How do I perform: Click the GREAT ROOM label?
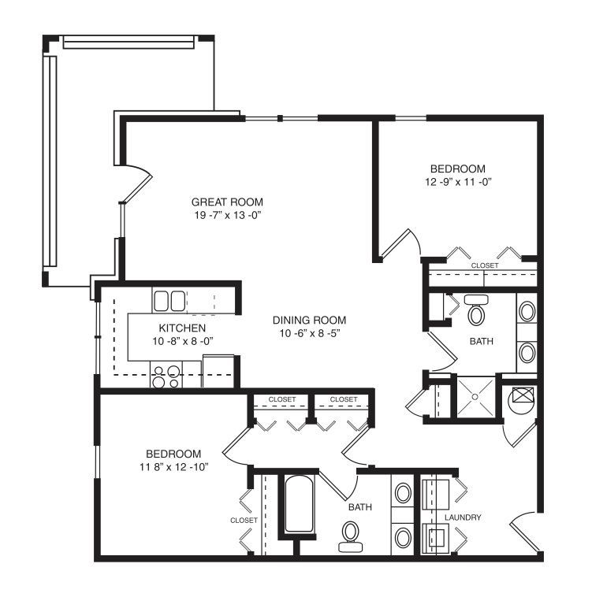[227, 202]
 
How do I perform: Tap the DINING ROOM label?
[309, 321]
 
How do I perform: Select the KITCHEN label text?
[182, 328]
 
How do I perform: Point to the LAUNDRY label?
[463, 517]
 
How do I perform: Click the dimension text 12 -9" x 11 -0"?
[458, 182]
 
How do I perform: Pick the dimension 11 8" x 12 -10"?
[174, 467]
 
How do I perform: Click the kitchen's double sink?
[169, 301]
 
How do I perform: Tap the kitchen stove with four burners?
[166, 375]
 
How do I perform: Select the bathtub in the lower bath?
[299, 505]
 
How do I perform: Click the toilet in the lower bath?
[351, 537]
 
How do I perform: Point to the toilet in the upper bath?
[476, 310]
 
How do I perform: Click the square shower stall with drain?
[475, 397]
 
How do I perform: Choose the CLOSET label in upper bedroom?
[485, 265]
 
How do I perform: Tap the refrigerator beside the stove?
[218, 371]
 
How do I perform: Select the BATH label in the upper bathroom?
[482, 341]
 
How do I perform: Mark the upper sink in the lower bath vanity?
[403, 493]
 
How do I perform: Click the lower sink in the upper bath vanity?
[527, 352]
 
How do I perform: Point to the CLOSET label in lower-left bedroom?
[244, 520]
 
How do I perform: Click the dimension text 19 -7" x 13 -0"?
[227, 216]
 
